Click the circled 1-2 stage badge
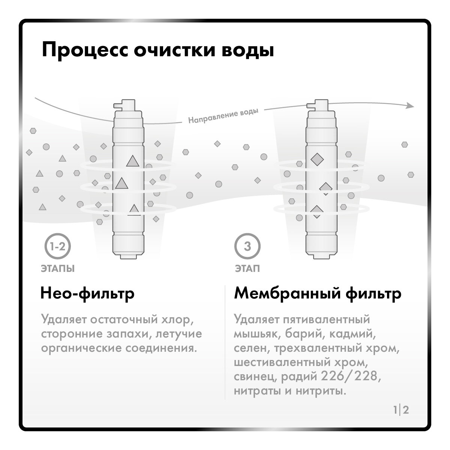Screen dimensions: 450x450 point(57,246)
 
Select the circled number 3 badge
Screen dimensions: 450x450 point(247,246)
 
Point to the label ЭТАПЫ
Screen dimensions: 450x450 point(57,269)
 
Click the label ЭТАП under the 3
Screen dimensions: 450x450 point(247,269)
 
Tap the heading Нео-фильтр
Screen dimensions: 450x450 point(87,293)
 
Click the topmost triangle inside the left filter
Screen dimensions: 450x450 point(132,161)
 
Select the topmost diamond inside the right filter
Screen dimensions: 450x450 point(317,159)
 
